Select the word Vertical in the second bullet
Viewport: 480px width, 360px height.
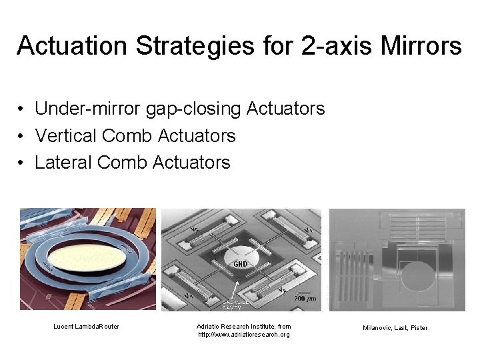click(66, 136)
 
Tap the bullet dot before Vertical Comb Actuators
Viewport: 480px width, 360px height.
click(22, 137)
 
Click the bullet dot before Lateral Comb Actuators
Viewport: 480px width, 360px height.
click(22, 163)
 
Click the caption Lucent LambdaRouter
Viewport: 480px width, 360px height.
click(87, 327)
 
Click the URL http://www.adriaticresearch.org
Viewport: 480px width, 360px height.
click(244, 334)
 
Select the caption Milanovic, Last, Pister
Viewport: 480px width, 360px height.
click(395, 328)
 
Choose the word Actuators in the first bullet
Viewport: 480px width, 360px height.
click(286, 109)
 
